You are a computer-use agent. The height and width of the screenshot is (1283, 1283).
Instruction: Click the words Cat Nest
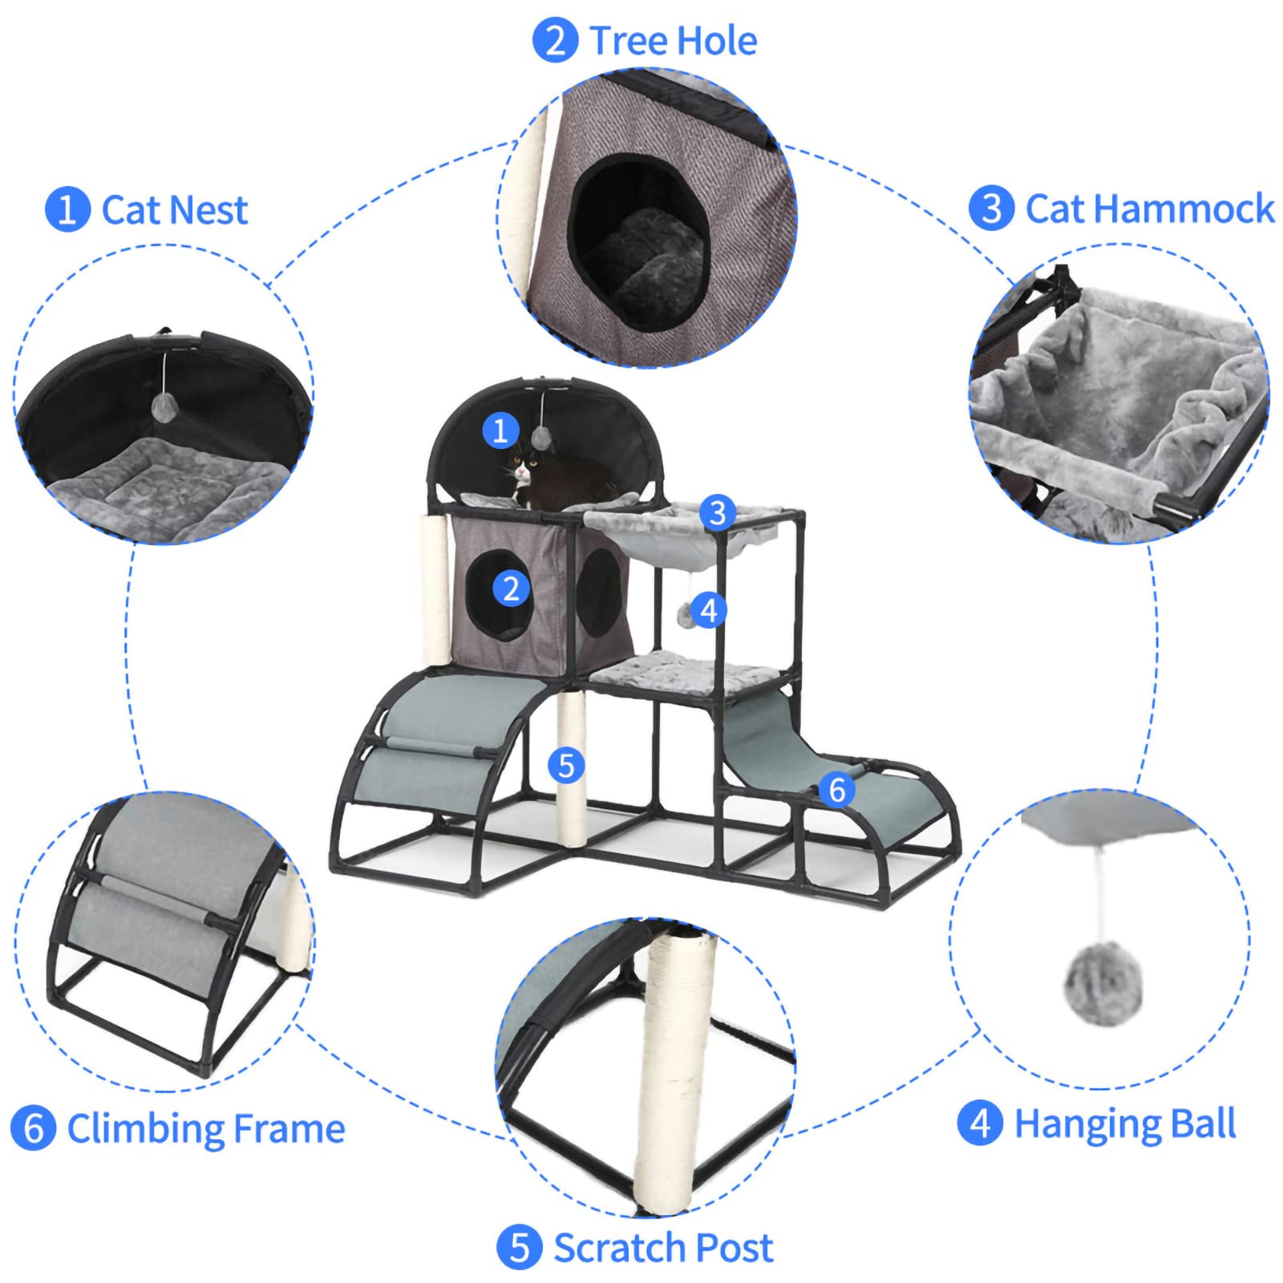(x=174, y=210)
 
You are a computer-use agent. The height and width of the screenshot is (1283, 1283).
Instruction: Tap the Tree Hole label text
(x=673, y=41)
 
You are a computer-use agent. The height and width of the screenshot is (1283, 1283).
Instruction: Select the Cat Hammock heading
(x=1149, y=208)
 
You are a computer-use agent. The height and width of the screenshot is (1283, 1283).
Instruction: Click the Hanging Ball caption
(x=1124, y=1123)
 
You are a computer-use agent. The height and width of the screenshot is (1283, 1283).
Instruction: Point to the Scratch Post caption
(x=662, y=1248)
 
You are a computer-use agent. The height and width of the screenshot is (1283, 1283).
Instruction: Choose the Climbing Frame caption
(x=205, y=1128)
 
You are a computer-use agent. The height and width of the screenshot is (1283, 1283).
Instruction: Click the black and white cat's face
(x=524, y=471)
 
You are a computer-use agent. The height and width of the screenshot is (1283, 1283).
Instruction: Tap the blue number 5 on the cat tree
(x=566, y=765)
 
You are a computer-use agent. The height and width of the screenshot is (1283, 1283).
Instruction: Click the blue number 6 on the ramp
(x=837, y=790)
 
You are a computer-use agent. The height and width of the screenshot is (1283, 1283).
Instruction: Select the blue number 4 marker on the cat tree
(x=709, y=611)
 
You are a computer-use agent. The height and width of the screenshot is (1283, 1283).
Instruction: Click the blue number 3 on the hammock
(x=718, y=513)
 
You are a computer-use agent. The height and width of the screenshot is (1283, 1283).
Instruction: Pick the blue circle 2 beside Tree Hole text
(x=555, y=41)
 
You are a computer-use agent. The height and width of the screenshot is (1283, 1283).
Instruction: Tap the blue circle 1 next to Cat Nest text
(x=67, y=210)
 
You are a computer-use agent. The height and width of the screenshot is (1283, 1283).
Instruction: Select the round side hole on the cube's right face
(x=598, y=593)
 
